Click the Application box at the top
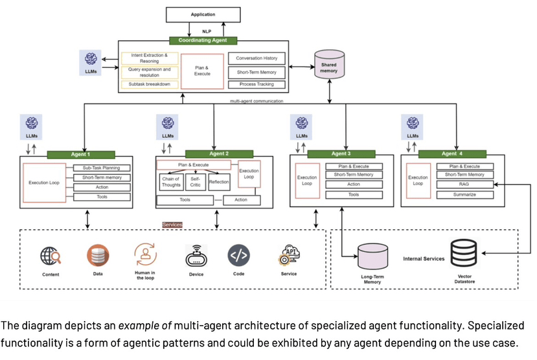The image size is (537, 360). (203, 14)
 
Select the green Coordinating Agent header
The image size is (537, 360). (203, 40)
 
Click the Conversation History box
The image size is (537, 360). (257, 58)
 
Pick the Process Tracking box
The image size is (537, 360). (257, 84)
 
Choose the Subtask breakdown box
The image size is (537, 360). (149, 85)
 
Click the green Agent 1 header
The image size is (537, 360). (80, 155)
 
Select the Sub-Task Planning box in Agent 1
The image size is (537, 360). (102, 168)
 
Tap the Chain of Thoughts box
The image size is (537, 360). (170, 182)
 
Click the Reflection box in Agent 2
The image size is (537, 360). (219, 182)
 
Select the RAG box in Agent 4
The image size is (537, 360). (464, 185)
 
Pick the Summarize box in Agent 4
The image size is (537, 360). (464, 194)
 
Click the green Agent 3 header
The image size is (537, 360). (341, 153)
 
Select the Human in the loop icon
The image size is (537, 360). (145, 254)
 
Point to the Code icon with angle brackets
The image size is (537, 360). (238, 256)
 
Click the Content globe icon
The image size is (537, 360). (51, 257)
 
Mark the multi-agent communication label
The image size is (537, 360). (257, 101)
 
